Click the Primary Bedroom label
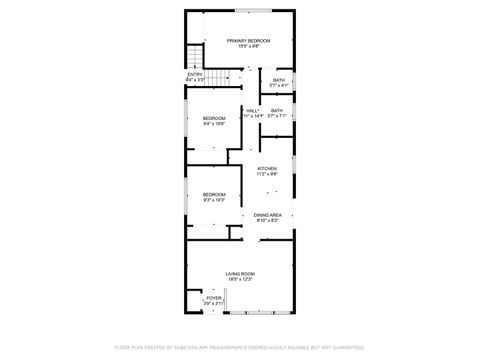[x=241, y=40]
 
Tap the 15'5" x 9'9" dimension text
[x=241, y=46]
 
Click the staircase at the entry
[x=193, y=57]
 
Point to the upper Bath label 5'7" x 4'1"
[x=277, y=80]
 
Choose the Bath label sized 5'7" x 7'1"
[x=276, y=110]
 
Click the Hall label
[x=252, y=110]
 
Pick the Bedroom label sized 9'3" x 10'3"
[x=214, y=194]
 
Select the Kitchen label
[x=266, y=168]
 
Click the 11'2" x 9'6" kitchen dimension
[x=266, y=174]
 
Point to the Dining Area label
[x=267, y=215]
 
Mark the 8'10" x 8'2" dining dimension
[x=267, y=221]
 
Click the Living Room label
[x=240, y=273]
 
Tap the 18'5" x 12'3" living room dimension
[x=240, y=279]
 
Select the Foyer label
[x=214, y=297]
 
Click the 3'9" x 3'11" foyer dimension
[x=214, y=303]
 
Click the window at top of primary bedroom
[x=262, y=11]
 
